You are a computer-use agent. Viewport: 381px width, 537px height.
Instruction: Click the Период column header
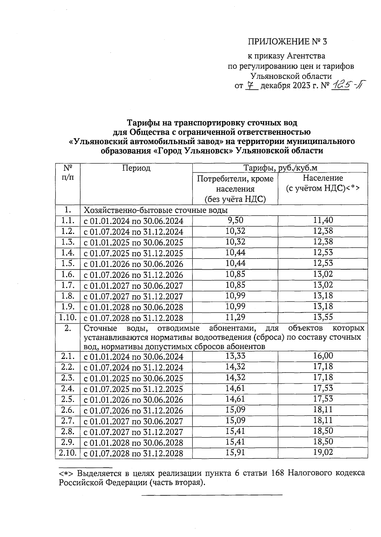tap(136, 168)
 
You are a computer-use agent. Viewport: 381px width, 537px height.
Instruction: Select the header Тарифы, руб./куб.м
tap(280, 168)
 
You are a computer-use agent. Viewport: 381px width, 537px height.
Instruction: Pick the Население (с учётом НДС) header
tap(323, 183)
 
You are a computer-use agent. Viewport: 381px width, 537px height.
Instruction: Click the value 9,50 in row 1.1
tap(235, 220)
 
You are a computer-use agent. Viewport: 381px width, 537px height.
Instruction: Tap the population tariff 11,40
tap(323, 220)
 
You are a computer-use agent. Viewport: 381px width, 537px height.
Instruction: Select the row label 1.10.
tap(67, 318)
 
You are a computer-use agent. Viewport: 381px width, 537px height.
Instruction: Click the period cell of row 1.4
tap(133, 253)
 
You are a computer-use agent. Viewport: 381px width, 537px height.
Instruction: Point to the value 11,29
tap(235, 317)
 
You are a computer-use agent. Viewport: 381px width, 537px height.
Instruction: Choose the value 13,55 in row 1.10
tap(323, 317)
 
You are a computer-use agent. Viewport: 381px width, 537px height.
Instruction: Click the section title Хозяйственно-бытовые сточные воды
tap(156, 210)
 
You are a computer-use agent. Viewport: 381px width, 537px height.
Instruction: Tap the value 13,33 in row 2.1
tap(235, 356)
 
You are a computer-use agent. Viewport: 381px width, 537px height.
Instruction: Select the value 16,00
tap(323, 356)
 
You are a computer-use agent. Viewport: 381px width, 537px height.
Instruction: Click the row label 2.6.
tap(67, 410)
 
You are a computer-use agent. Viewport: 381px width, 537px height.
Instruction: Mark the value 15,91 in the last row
tap(235, 452)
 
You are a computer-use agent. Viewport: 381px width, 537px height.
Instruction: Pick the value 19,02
tap(323, 452)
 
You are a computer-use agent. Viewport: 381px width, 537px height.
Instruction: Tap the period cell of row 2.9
tap(133, 443)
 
